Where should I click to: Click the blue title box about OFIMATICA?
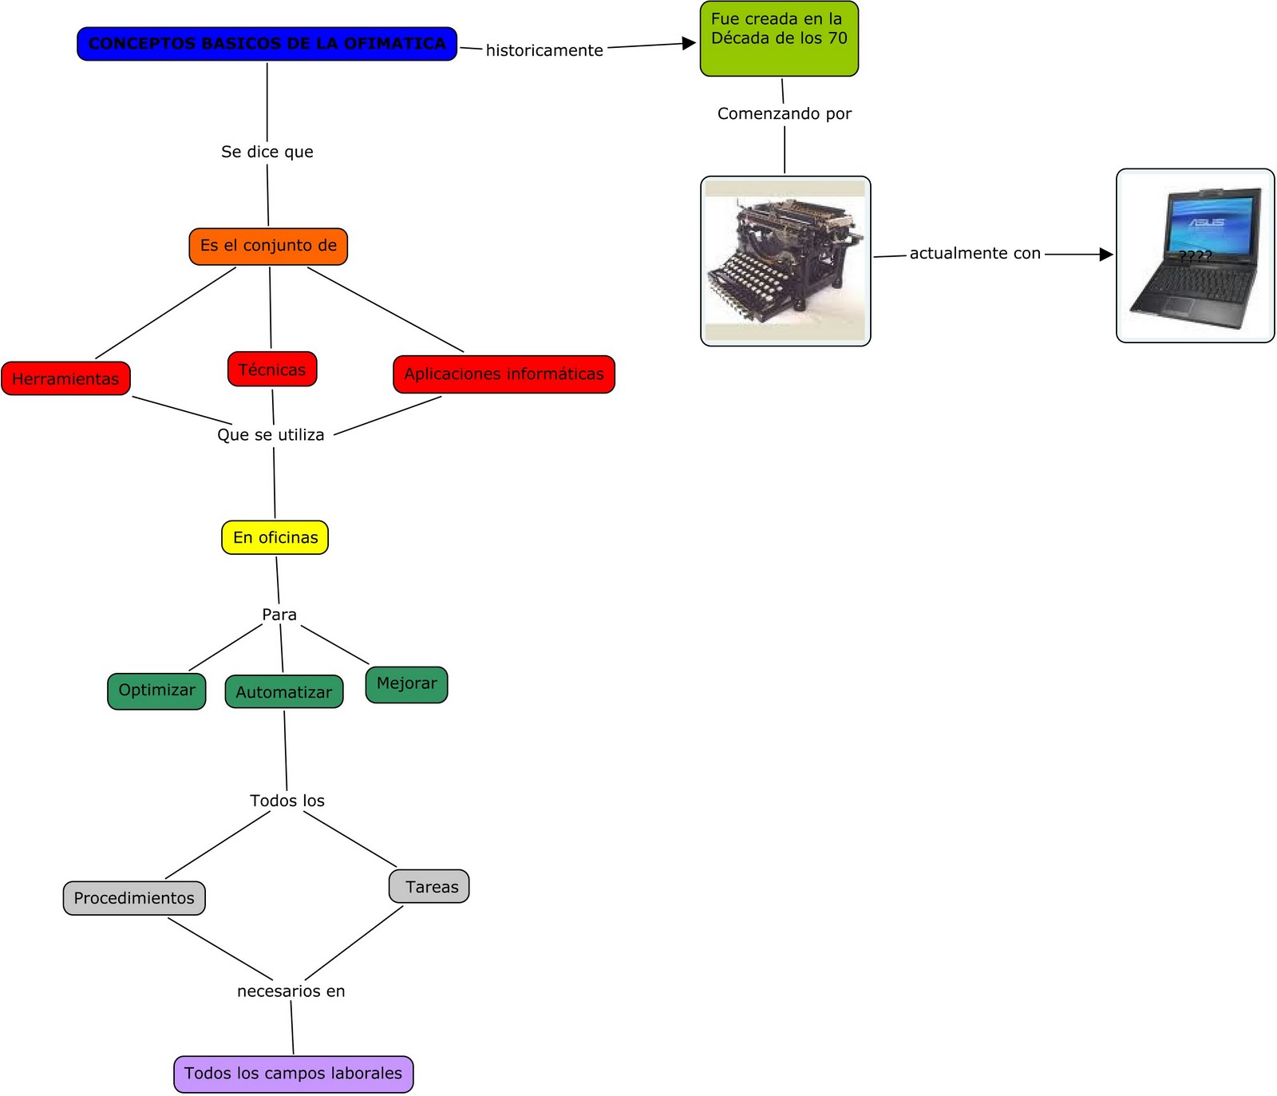click(x=267, y=44)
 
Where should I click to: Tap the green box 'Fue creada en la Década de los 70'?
click(x=778, y=38)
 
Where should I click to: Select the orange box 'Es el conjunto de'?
click(x=268, y=246)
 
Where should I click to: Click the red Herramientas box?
click(x=65, y=378)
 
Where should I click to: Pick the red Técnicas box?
click(x=272, y=370)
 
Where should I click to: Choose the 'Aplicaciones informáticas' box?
click(x=504, y=374)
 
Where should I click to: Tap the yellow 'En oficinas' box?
click(x=275, y=537)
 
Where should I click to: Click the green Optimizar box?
click(x=156, y=690)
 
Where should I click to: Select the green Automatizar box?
click(x=283, y=692)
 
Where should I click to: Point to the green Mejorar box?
click(x=406, y=684)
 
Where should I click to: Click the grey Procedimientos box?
click(x=134, y=898)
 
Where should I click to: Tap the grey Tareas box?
click(x=429, y=887)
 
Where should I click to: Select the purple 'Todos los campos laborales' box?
click(x=293, y=1074)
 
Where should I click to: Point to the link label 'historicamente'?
click(x=544, y=50)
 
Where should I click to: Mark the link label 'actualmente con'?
click(x=975, y=254)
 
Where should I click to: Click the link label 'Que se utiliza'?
click(x=271, y=435)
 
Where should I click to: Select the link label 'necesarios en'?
click(x=291, y=991)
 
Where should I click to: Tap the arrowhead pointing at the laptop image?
click(x=1105, y=255)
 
